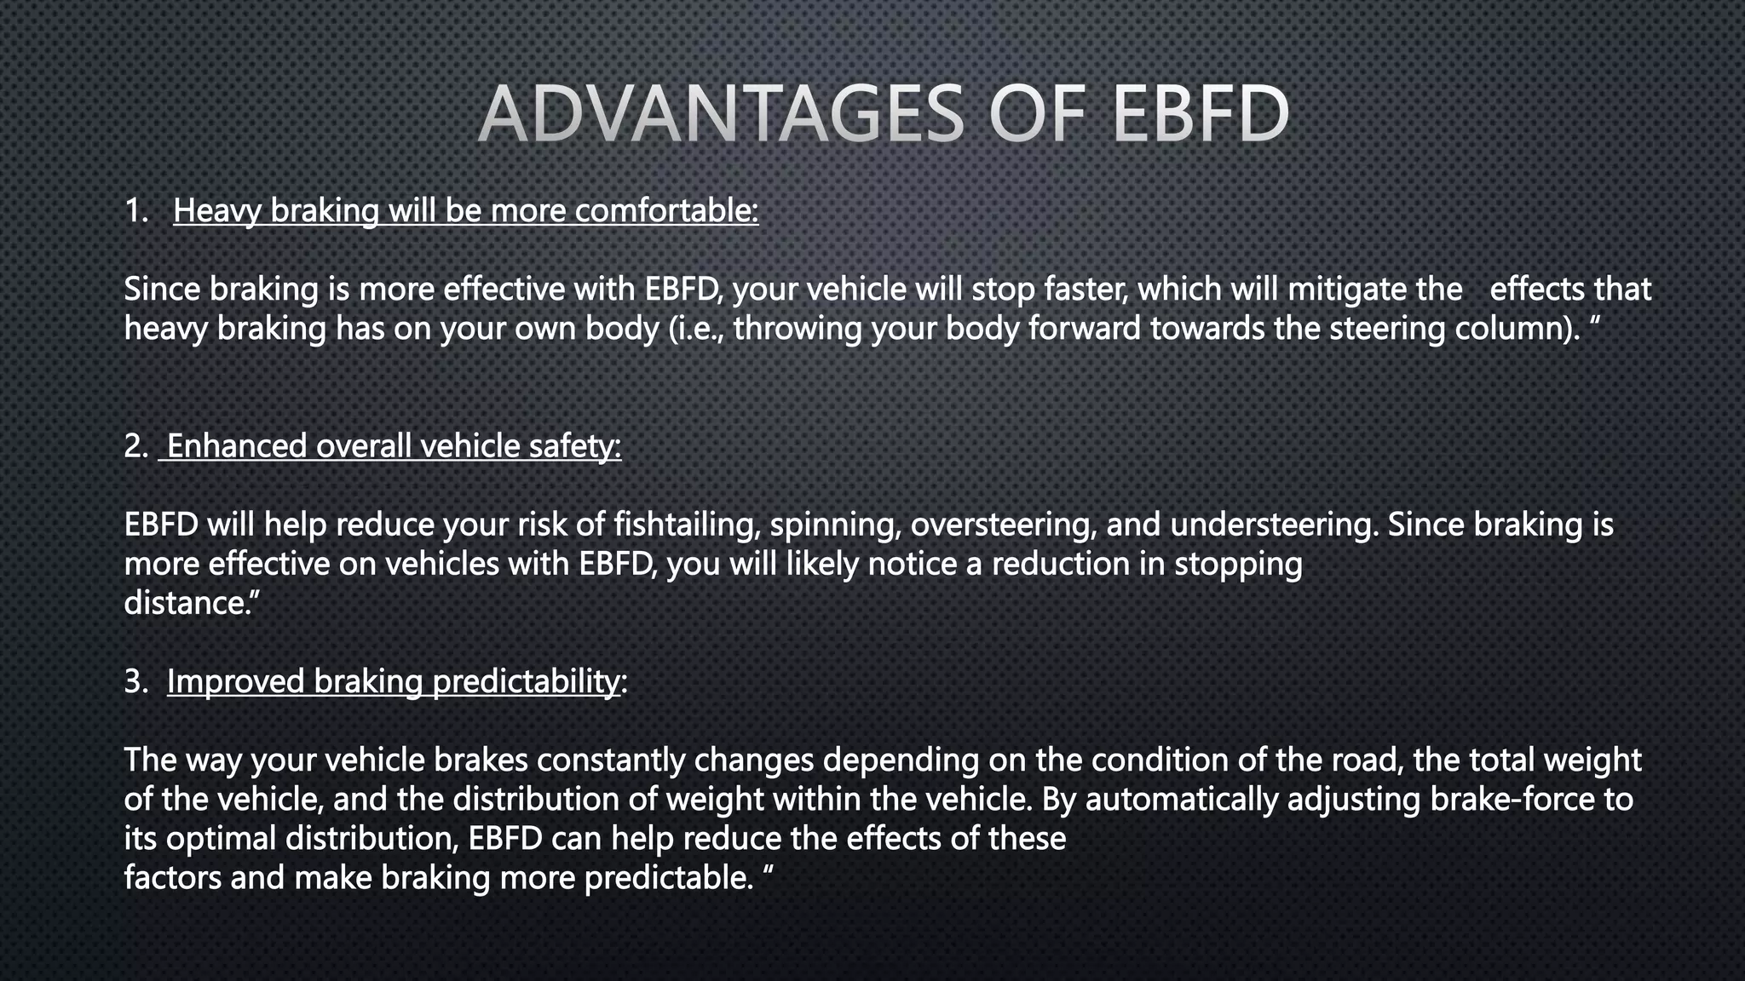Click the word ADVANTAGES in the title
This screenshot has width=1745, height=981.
point(720,115)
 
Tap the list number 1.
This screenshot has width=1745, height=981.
point(136,210)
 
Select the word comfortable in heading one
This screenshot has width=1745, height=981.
point(666,210)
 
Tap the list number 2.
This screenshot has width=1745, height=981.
point(136,445)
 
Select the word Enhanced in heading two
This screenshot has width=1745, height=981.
point(236,445)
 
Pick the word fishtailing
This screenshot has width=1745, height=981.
point(687,525)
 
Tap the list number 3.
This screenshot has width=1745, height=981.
point(136,681)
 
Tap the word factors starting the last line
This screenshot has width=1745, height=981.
point(172,878)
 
